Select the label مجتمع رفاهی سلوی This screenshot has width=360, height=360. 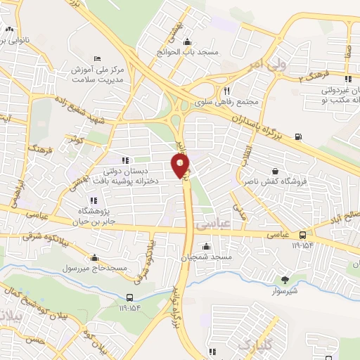[235, 102]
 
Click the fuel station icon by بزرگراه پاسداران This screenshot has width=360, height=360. [300, 136]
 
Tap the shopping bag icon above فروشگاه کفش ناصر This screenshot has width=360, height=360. [274, 171]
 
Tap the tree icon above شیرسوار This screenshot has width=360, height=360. [284, 279]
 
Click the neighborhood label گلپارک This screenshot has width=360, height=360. [254, 344]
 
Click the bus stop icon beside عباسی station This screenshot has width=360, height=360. [302, 235]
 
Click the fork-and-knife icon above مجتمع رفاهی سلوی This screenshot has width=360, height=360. [226, 91]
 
